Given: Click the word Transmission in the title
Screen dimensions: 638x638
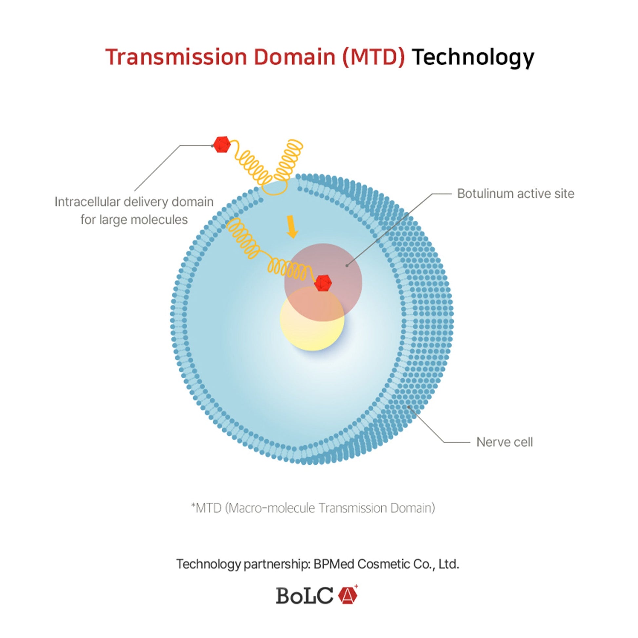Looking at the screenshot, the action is pos(176,57).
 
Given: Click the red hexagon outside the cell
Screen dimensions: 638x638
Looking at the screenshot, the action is pos(222,144).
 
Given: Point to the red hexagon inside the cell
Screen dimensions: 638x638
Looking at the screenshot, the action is pos(323,283).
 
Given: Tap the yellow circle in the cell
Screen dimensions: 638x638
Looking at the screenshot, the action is pos(312,318).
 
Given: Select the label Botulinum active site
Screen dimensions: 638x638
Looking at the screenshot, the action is pos(515,194).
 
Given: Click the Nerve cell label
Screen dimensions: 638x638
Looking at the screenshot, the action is pos(504,442).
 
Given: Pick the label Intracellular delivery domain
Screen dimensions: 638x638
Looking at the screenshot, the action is pos(134,202).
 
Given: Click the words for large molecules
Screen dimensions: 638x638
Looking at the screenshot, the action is pos(134,220).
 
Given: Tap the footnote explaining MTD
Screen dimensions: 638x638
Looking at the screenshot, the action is pos(313,508).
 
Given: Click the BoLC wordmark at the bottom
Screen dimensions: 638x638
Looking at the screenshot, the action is pos(305,596).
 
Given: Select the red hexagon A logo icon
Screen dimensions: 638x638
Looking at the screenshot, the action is pos(348,595).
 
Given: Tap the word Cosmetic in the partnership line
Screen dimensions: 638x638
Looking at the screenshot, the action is pos(384,564).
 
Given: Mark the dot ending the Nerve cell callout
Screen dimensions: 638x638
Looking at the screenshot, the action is pos(409,407).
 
